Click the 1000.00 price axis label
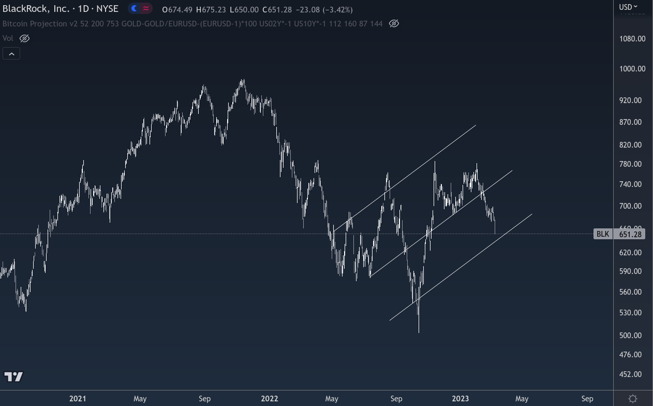coord(632,68)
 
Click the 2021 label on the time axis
coord(78,398)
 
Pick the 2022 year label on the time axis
coord(270,398)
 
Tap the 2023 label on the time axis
coord(460,398)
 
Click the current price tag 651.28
coord(630,234)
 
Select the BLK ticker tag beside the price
coord(602,234)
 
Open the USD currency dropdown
coord(628,7)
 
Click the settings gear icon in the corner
coord(633,398)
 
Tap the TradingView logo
coord(13,376)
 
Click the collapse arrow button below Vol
coord(11,53)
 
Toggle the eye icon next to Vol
coord(24,38)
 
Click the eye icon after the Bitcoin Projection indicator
coord(394,24)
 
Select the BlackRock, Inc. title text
coord(36,9)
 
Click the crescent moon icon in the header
coord(135,9)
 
